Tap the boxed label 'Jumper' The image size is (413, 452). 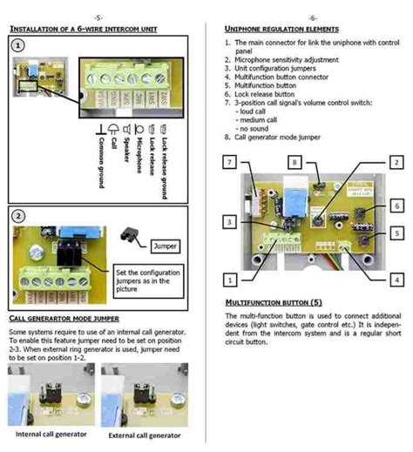(x=166, y=246)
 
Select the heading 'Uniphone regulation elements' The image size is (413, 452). (x=269, y=29)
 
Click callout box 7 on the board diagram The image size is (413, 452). (x=229, y=163)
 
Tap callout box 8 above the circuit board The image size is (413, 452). (x=295, y=163)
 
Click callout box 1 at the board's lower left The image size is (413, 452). (x=229, y=280)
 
